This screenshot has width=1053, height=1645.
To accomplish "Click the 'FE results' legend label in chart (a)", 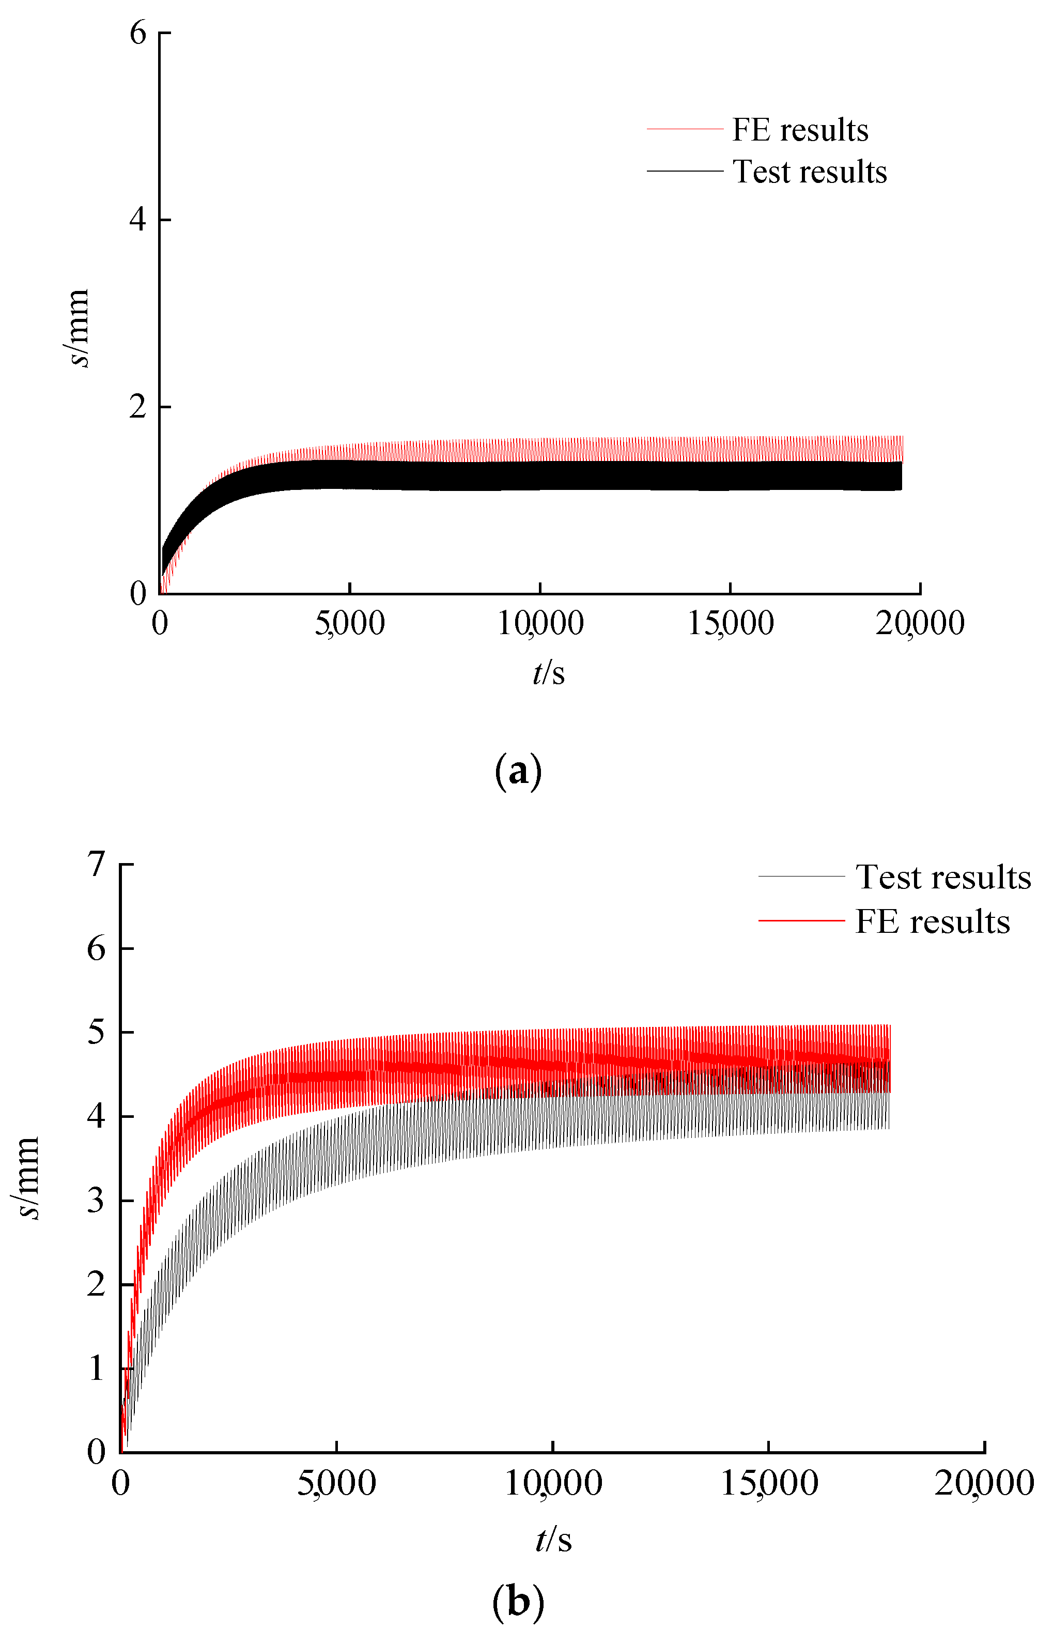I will [x=800, y=130].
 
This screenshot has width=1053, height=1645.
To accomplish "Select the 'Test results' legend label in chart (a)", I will [x=810, y=172].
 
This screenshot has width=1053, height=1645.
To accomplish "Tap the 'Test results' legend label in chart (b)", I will [x=943, y=877].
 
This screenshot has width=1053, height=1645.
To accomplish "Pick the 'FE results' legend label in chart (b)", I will [x=933, y=921].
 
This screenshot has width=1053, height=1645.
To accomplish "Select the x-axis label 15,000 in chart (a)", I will [x=730, y=623].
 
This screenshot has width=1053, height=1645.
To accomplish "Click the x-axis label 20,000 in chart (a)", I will [x=920, y=623].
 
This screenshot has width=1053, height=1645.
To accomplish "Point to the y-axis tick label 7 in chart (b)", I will [x=97, y=865].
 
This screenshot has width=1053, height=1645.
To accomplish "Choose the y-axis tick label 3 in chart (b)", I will [x=97, y=1201].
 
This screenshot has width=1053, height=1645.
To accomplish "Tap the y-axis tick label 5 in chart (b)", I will [x=97, y=1032].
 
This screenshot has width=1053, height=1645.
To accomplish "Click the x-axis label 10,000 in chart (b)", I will [x=552, y=1483].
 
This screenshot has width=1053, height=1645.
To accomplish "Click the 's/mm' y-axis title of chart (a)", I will [x=80, y=328].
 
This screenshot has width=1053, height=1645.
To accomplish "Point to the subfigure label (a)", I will [x=518, y=771].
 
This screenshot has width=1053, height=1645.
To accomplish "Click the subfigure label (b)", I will [x=518, y=1603].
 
